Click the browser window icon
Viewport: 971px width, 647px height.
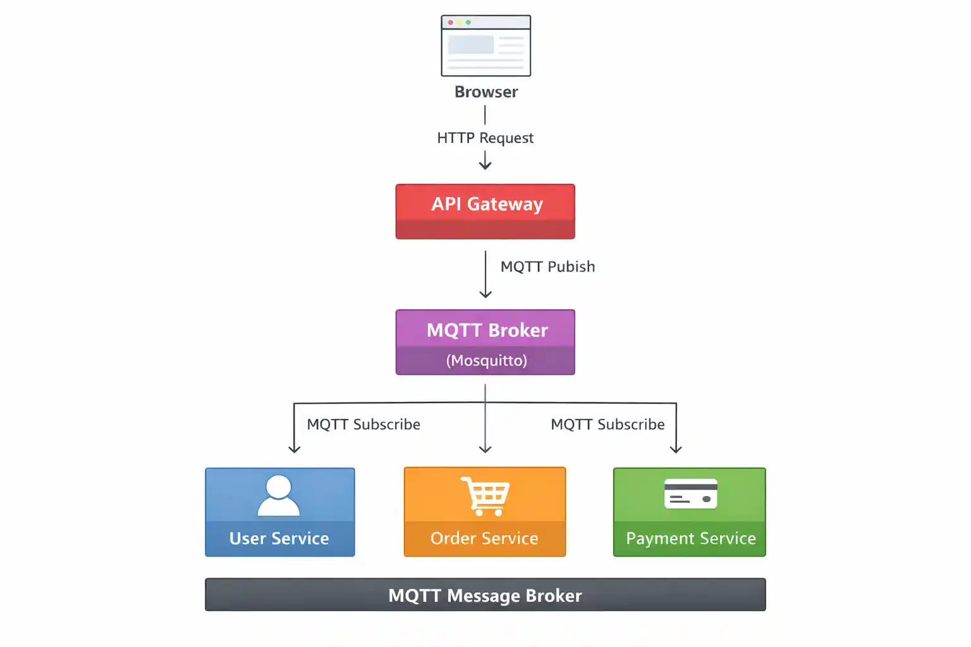485,46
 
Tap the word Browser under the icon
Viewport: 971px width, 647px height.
485,92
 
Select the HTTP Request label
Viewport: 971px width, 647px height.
485,138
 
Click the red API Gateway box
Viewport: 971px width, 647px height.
485,211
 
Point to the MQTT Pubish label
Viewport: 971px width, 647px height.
547,267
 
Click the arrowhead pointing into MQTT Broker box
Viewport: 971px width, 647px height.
485,294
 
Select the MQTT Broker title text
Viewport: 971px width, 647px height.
487,330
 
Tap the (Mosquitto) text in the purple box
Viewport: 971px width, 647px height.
486,361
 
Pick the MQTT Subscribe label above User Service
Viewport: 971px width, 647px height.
363,425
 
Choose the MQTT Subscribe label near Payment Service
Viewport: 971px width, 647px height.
608,425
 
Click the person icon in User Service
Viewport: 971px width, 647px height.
279,495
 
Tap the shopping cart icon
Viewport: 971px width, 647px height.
485,496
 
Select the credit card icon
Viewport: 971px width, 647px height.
690,493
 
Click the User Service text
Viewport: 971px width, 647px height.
279,538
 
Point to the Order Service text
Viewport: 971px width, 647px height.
484,538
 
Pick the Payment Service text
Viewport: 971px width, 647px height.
690,538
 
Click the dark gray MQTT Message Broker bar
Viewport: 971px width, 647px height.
485,595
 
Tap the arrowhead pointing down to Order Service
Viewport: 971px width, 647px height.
485,449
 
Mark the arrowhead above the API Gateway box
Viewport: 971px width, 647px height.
485,166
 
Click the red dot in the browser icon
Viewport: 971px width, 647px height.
450,22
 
